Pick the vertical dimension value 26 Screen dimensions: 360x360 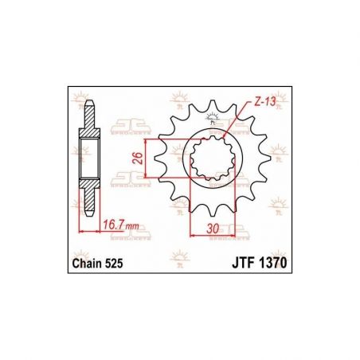click(139, 156)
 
